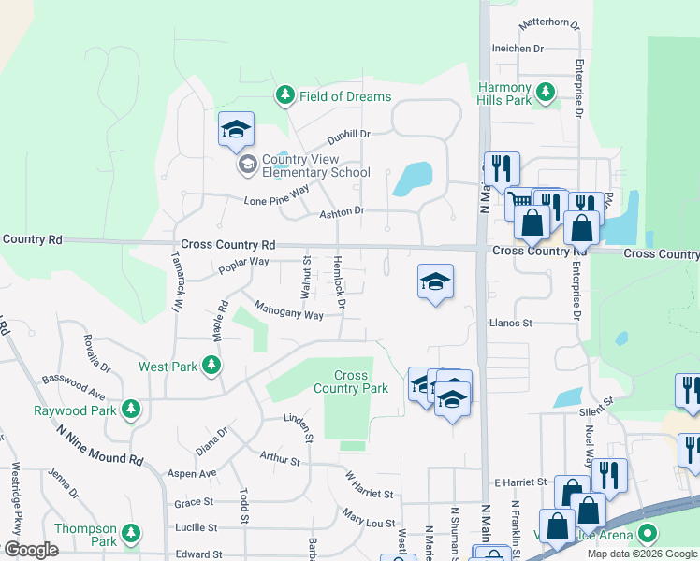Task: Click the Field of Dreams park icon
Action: pos(285,94)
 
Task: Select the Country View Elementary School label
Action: pos(316,165)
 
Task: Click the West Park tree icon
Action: pos(213,366)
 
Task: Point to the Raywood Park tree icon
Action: pos(132,409)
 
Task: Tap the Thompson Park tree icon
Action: pos(132,534)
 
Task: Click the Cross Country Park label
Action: pos(350,381)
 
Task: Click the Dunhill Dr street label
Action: pos(349,137)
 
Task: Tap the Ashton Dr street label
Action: pos(342,212)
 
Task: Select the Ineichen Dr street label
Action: pos(518,49)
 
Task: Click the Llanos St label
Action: pos(510,323)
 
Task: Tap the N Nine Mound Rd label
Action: pos(99,446)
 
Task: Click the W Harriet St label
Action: pos(368,484)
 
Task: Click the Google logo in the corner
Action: pos(30,550)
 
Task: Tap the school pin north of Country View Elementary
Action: pos(236,129)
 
